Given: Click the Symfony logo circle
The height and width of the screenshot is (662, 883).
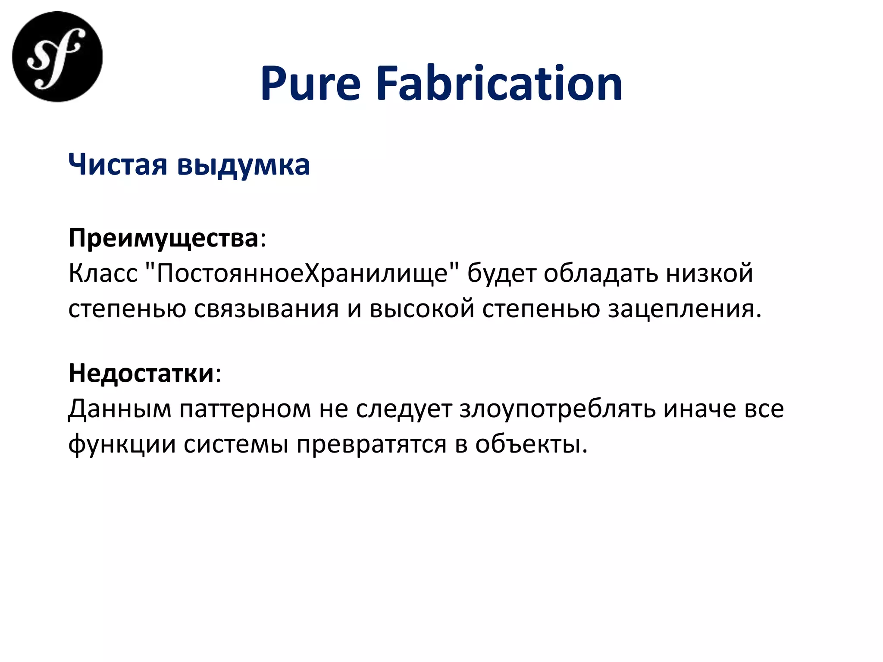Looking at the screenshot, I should (57, 57).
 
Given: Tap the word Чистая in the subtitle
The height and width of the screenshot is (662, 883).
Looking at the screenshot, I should (118, 165).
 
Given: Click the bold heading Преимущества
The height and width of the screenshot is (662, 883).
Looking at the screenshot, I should (163, 238).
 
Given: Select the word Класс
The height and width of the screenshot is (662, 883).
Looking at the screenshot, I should (103, 273).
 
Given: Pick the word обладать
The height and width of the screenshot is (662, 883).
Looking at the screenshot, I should (601, 273).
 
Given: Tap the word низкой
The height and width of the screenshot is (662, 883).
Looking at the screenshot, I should (710, 273).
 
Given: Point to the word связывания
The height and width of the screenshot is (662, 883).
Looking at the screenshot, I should (266, 309).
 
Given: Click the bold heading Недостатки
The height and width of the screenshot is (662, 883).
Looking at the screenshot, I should (141, 373).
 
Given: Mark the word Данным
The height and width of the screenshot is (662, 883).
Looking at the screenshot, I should (120, 409).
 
